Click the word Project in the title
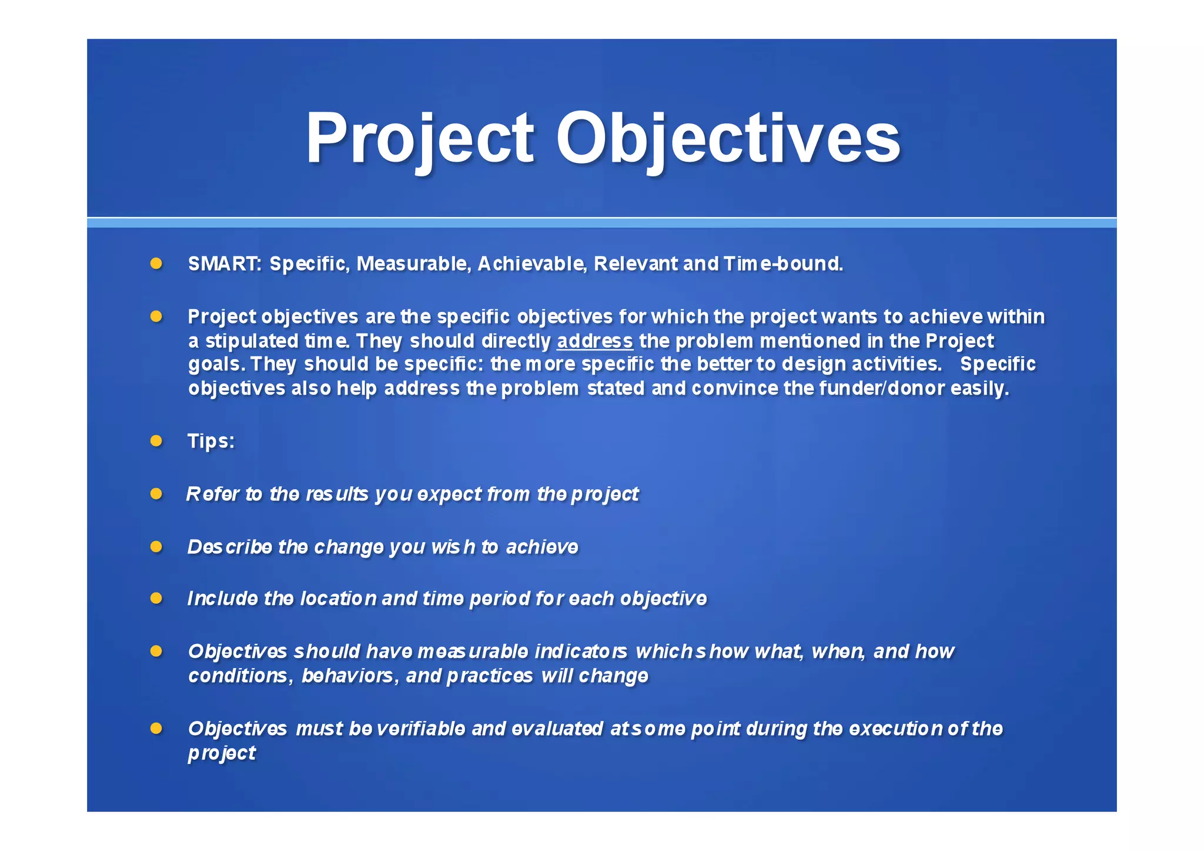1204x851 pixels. pos(419,139)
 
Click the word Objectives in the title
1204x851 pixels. pos(728,139)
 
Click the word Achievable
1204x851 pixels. pos(531,264)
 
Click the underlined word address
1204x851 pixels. pos(594,341)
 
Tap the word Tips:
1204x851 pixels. pos(211,441)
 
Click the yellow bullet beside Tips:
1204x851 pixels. pos(156,441)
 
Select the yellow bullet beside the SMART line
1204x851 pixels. pos(156,263)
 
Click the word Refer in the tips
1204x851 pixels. pos(212,494)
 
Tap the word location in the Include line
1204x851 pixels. pos(338,599)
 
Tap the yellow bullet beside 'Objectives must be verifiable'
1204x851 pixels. pos(156,729)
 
